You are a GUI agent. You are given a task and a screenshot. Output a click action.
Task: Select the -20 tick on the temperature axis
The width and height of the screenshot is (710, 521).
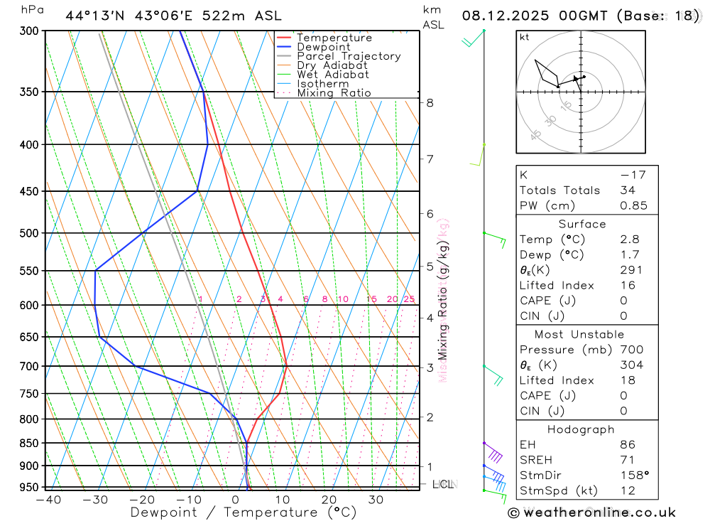coord(141,500)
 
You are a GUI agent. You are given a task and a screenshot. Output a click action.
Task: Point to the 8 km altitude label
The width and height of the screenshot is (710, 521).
coord(430,103)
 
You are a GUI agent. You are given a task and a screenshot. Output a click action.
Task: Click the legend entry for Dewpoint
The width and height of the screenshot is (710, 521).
coord(323,47)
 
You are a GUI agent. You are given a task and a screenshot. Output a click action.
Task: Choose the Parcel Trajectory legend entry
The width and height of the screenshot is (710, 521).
coord(349,56)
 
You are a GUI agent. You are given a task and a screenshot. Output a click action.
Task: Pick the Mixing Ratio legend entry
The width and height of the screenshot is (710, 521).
coord(334,93)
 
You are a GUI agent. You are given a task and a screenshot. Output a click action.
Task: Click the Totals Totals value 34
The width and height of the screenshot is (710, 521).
coord(626,190)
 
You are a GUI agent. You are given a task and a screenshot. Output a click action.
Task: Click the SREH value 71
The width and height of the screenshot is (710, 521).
coord(626,460)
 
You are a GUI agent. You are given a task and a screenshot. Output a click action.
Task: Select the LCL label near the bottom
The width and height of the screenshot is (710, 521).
coord(443,485)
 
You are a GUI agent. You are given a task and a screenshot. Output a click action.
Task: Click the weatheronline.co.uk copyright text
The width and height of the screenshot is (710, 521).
coord(591,512)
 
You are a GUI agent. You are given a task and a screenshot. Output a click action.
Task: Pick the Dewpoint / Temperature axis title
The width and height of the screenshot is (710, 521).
coord(233,512)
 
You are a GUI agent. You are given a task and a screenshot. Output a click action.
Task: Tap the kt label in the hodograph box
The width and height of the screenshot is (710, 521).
coord(525,37)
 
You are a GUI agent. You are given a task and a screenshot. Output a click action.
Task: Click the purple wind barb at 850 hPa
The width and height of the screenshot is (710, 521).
coord(494,453)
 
